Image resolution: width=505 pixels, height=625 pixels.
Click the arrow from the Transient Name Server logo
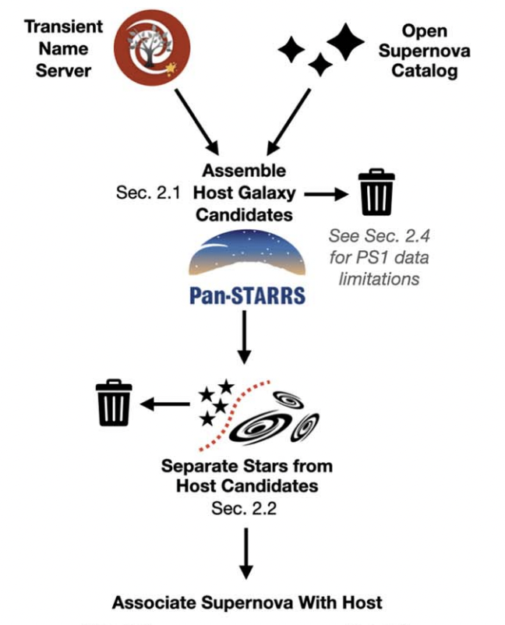pyautogui.click(x=194, y=120)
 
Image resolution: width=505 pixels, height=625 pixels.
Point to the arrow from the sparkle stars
pyautogui.click(x=288, y=120)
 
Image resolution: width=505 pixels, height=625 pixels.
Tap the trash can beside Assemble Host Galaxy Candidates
pyautogui.click(x=376, y=192)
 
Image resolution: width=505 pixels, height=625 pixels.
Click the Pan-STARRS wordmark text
pyautogui.click(x=246, y=295)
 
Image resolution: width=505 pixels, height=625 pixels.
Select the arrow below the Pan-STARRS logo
pyautogui.click(x=246, y=335)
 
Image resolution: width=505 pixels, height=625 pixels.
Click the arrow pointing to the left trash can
pyautogui.click(x=164, y=404)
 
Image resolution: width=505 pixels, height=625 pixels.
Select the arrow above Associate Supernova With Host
pyautogui.click(x=246, y=553)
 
